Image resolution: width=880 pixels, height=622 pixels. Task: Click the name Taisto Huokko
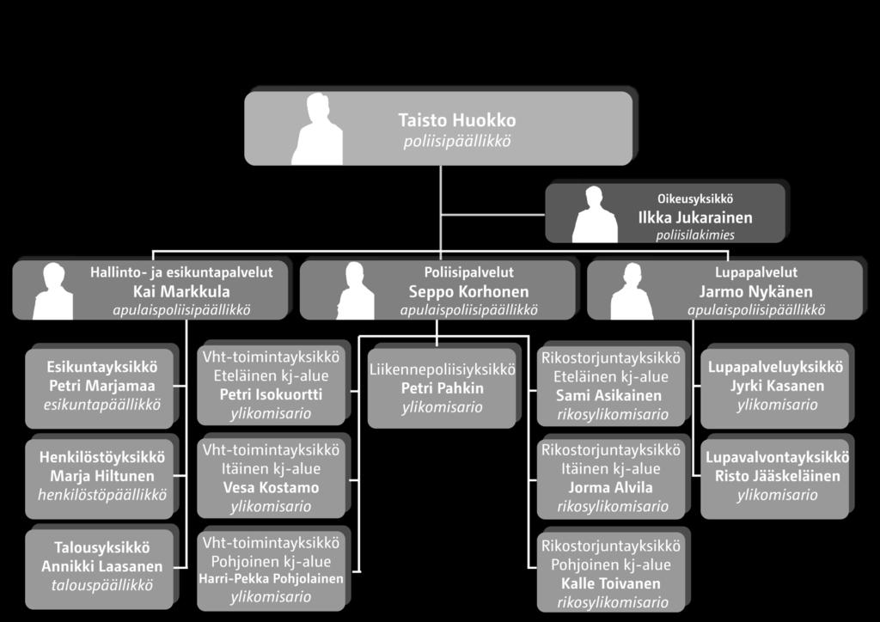point(457,120)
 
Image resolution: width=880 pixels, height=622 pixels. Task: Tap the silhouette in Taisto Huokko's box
point(317,129)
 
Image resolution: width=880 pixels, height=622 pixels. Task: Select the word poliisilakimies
point(694,235)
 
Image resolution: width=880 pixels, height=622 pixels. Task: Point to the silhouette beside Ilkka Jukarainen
point(595,215)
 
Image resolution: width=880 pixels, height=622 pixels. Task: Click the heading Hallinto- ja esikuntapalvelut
point(181,272)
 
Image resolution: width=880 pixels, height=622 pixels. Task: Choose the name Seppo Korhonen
point(468,291)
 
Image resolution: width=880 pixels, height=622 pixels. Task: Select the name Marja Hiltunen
point(102,476)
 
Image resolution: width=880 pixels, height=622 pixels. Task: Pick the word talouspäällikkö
point(102,585)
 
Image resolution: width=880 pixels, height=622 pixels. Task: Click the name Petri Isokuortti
point(271,394)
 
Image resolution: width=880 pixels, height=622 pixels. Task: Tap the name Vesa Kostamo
point(271,487)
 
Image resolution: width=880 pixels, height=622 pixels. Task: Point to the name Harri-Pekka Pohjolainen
point(271,578)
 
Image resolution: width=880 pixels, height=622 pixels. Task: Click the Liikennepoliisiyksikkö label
point(442,369)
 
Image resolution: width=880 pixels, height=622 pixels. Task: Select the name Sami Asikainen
point(609,395)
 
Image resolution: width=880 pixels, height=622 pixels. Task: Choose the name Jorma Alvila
point(611,487)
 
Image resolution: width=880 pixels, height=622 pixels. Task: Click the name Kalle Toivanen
point(611,583)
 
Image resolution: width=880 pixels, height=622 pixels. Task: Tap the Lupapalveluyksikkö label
point(775,368)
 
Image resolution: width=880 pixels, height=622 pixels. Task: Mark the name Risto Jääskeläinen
point(777,476)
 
